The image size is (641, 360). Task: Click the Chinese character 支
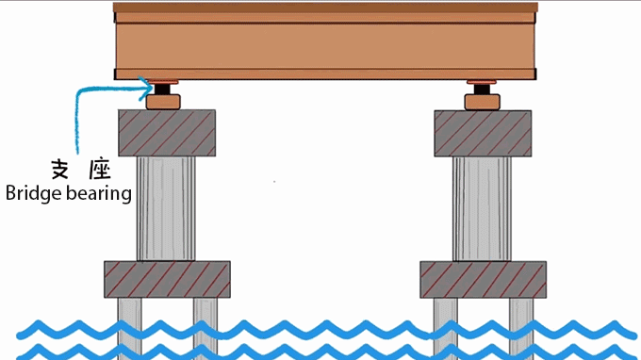point(60,171)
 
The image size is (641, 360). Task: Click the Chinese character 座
point(100,171)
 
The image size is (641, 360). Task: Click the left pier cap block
point(167,132)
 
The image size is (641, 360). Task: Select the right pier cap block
point(482,132)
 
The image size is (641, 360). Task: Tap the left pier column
point(166,207)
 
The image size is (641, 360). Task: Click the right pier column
point(482,207)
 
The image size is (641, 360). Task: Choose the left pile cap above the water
point(167,278)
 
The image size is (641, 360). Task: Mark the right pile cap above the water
point(482,278)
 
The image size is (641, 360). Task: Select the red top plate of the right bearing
point(481,81)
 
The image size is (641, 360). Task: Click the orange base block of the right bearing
point(482,100)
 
